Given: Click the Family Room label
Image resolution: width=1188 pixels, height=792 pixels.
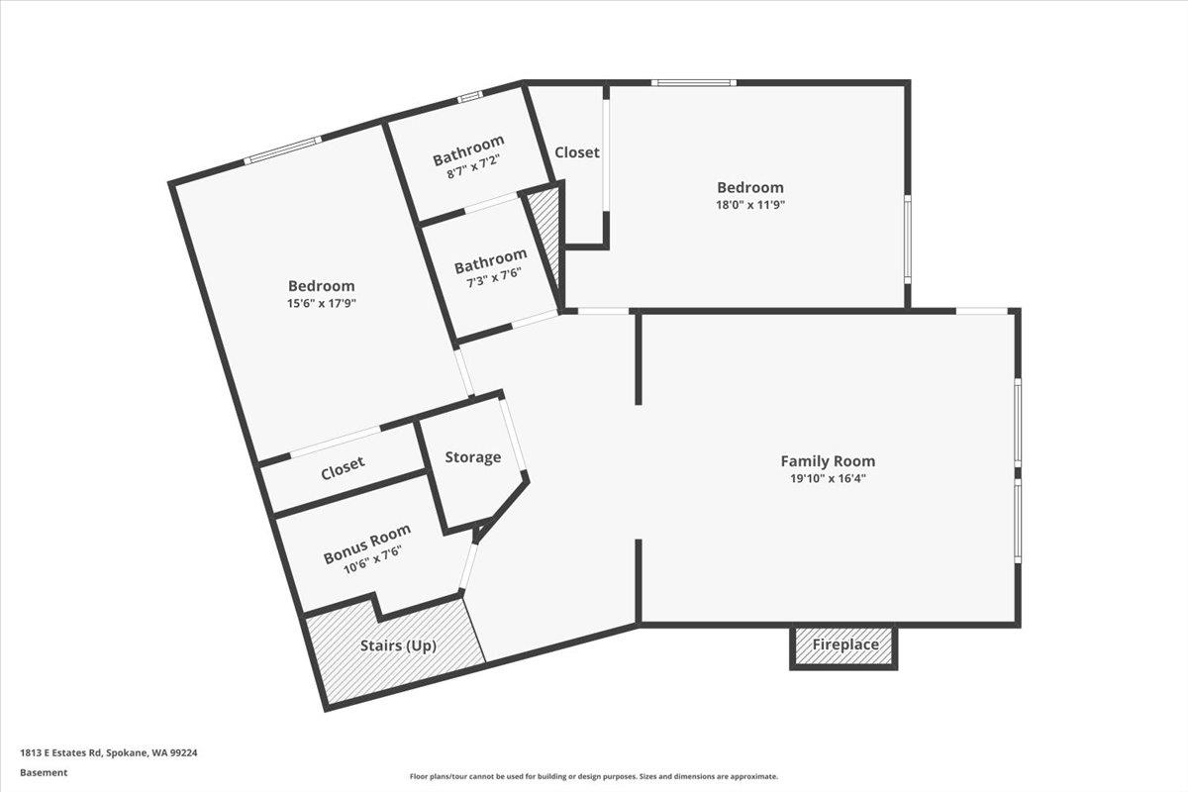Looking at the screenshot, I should point(828,460).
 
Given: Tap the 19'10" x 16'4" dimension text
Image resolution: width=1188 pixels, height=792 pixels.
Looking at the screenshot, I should point(828,477).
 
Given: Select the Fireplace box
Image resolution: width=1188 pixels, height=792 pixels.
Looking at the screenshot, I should point(844,645).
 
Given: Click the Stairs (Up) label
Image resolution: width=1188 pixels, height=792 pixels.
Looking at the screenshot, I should point(398,645).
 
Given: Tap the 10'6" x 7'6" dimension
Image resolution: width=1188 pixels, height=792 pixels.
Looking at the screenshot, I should point(372,560).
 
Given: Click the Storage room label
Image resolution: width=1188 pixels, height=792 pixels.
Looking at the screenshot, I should point(472,457).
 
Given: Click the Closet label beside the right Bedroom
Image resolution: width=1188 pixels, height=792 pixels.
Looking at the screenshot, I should point(576,152).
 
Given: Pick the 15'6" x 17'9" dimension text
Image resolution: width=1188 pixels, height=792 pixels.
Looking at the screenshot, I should point(321,304).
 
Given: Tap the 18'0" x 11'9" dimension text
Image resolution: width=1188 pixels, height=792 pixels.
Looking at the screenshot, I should point(749,205).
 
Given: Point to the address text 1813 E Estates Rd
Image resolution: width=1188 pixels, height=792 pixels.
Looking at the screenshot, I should point(109,752).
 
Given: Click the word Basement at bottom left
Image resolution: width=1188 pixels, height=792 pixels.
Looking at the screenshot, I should point(44,773).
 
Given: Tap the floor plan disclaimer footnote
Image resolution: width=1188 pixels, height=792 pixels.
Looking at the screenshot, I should point(594,777).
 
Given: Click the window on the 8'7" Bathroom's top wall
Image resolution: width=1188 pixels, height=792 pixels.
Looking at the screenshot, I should point(469,97).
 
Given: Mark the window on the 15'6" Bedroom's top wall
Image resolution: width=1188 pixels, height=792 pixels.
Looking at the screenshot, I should point(283,149).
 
